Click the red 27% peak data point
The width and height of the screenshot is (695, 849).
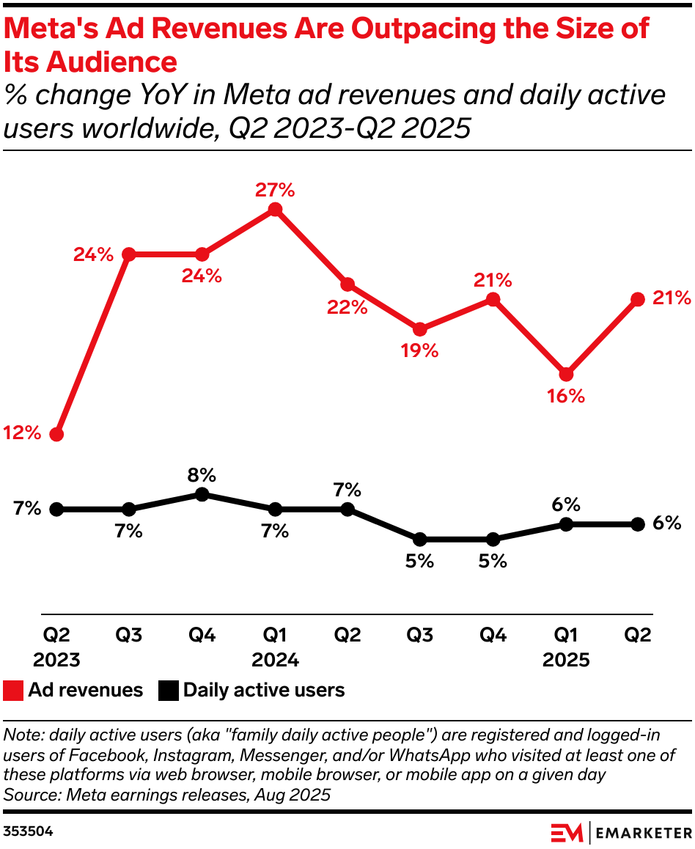click(x=275, y=210)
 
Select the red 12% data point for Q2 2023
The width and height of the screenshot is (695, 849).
click(x=56, y=434)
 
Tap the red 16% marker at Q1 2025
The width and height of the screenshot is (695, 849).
click(x=566, y=374)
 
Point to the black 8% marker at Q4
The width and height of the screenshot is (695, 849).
click(x=202, y=494)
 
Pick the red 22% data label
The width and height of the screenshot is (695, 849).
click(x=347, y=306)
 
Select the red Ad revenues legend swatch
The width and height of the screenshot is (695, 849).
click(x=13, y=690)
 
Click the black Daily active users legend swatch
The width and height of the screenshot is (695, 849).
click(x=169, y=690)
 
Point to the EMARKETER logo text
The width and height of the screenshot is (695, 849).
click(x=642, y=833)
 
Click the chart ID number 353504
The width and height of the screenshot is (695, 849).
click(x=28, y=832)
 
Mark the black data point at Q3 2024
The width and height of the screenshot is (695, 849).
click(x=420, y=539)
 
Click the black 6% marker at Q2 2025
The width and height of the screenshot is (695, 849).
click(x=638, y=524)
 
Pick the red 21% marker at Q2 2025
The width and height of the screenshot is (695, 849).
click(x=638, y=299)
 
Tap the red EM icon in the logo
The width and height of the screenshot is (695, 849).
click(x=567, y=833)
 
